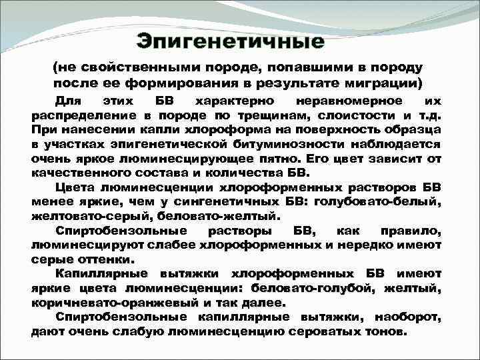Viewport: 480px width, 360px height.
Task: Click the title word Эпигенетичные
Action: click(x=231, y=41)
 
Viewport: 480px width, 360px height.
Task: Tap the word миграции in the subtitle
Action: click(x=379, y=83)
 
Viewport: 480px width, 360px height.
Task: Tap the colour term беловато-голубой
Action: click(x=299, y=287)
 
